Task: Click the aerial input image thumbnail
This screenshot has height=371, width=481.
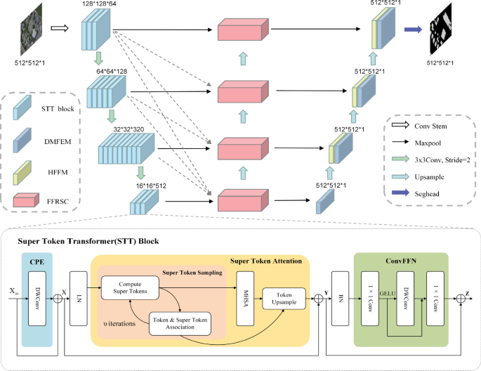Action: [x=31, y=29]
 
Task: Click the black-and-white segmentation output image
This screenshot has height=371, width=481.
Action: [x=447, y=32]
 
